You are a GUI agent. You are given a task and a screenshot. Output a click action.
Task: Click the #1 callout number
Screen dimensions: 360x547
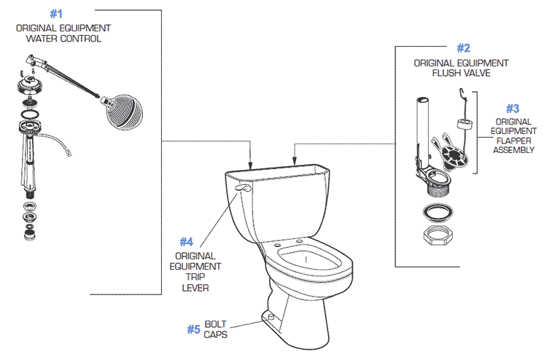pos(57,14)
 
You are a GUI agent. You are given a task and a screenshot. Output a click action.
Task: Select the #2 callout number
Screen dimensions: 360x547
pos(463,48)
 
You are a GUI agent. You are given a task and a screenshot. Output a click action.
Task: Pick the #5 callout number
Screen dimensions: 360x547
pos(193,329)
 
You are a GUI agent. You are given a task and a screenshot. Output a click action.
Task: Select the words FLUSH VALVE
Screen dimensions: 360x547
pos(461,73)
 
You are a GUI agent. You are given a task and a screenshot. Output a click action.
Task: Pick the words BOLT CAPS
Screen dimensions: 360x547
pos(216,329)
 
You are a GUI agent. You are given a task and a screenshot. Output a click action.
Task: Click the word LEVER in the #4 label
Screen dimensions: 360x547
pos(195,288)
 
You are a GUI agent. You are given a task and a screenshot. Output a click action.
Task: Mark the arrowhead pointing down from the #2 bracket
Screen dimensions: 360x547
pos(294,159)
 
